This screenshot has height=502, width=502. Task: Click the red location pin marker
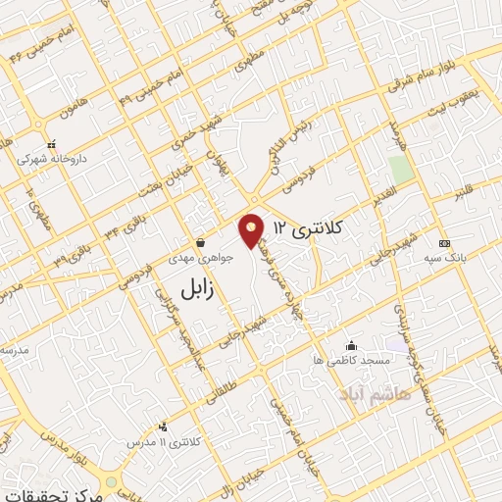click(252, 231)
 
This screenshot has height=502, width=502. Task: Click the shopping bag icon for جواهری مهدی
click(200, 242)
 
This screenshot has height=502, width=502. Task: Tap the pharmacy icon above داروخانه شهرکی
click(51, 143)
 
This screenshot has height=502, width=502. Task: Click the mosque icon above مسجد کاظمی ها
click(352, 345)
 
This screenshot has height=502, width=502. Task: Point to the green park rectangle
click(400, 168)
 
